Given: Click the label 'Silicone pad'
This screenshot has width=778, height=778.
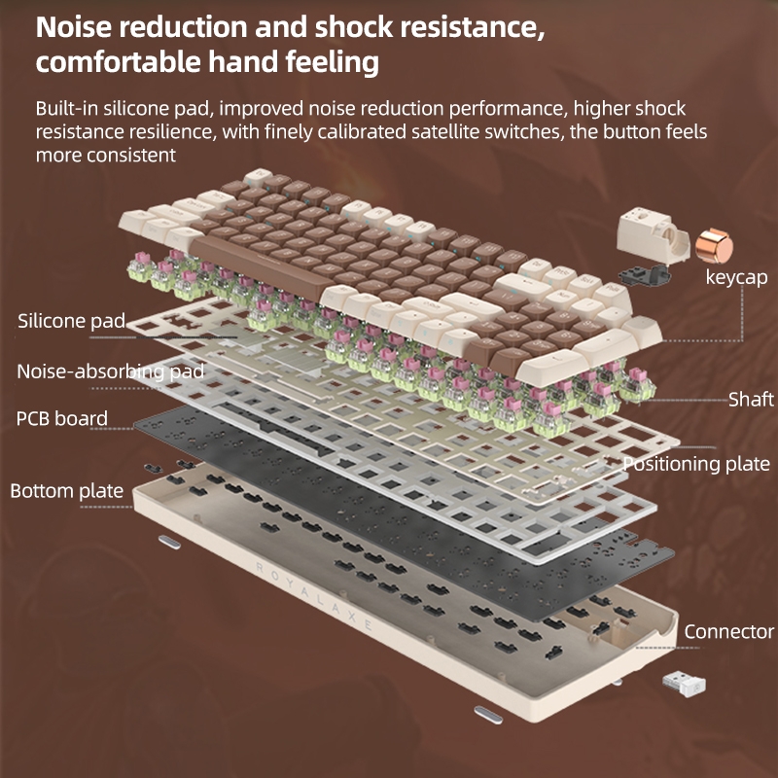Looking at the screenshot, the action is tap(71, 321).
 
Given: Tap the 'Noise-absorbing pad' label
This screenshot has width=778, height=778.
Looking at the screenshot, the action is tap(111, 371).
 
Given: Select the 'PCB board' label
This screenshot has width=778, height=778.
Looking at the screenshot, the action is tap(62, 418).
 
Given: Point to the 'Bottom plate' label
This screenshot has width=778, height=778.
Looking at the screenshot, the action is tap(67, 491).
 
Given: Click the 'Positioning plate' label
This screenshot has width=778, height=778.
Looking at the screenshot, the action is tap(696, 464).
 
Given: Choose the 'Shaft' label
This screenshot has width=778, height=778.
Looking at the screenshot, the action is tap(751, 400).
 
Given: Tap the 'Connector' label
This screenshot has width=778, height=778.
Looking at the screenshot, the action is tap(728, 631).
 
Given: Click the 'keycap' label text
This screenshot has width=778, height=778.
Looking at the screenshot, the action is tap(737, 277).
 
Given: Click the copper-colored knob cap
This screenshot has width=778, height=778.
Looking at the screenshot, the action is tap(714, 245).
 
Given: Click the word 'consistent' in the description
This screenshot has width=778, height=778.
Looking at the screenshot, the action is tap(130, 156).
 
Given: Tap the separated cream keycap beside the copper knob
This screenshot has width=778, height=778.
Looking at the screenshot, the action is tap(653, 235).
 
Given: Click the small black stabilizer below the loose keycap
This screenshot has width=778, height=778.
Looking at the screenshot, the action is tap(645, 275).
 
